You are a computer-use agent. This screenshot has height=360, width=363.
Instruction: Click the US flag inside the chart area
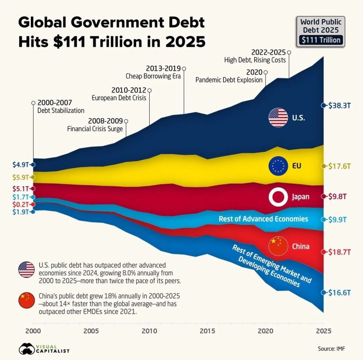tap(278, 118)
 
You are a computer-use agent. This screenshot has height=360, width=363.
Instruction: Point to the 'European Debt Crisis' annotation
tap(119, 97)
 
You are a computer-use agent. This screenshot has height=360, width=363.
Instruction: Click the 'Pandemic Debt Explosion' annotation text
tap(229, 80)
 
